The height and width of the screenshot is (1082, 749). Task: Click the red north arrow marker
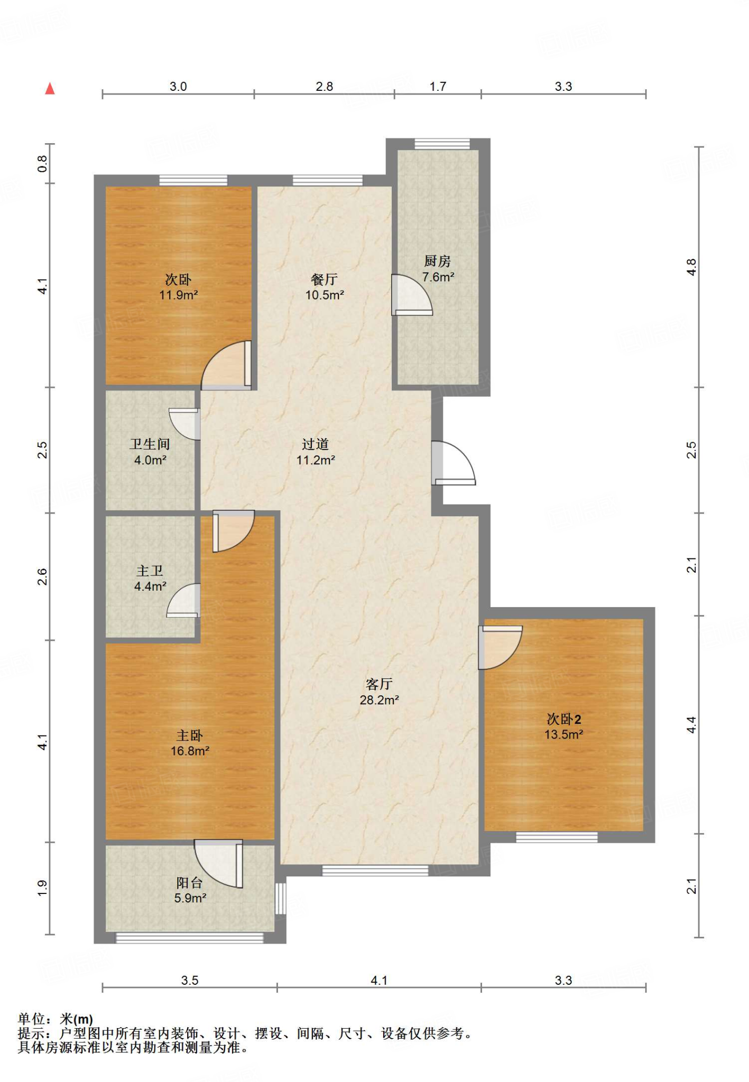[x=50, y=88]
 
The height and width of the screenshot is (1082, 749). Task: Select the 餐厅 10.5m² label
[x=325, y=287]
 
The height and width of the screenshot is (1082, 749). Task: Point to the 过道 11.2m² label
[x=316, y=452]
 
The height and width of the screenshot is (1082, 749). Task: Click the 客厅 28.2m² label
[x=379, y=692]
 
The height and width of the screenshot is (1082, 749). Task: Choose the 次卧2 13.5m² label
[x=564, y=726]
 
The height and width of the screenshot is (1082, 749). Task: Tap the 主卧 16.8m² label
[x=190, y=743]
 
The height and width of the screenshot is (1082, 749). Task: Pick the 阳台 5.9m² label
[x=190, y=890]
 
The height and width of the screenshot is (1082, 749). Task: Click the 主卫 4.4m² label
[x=151, y=579]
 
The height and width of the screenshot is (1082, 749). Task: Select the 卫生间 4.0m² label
[x=150, y=452]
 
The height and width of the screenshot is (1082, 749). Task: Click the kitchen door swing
[x=412, y=295]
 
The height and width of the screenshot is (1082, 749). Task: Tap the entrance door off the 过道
[x=454, y=463]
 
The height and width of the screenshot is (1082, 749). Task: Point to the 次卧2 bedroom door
[x=501, y=648]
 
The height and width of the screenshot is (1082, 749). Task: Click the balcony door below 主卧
[x=218, y=864]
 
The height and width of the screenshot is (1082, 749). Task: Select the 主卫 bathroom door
[x=183, y=600]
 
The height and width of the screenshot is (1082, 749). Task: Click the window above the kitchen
[x=442, y=144]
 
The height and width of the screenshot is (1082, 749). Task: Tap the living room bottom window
[x=375, y=870]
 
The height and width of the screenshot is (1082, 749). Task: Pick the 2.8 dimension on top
[x=325, y=87]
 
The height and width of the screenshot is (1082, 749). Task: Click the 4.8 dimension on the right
[x=691, y=267]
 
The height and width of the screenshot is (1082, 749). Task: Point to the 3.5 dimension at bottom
[x=190, y=981]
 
